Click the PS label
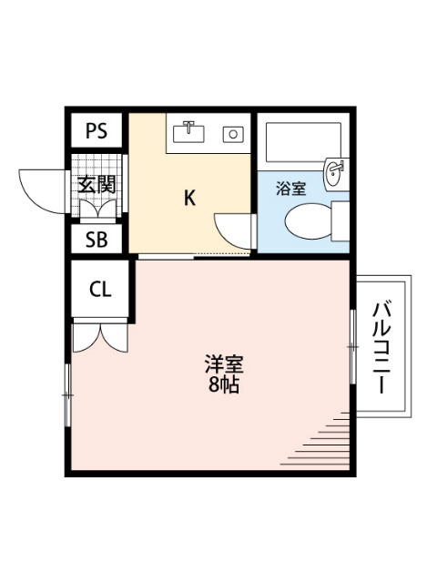pos(97,130)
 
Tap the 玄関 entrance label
pos(97,183)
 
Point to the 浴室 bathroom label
pos(290,189)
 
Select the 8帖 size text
pos(223,385)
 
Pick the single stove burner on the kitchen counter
pos(233,134)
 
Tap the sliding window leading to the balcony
pos(351,346)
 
